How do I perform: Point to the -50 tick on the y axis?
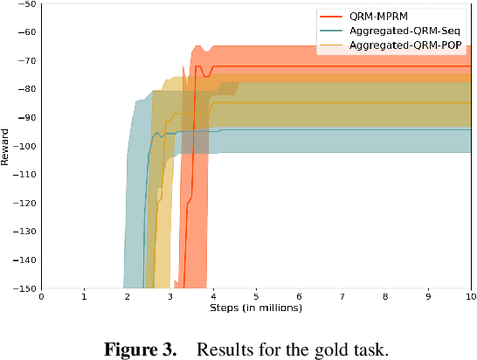(27, 4)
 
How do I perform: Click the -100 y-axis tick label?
(24, 146)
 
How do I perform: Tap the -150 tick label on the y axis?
(24, 287)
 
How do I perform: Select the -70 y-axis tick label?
(27, 61)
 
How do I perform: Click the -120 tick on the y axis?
(24, 203)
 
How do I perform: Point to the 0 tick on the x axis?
(41, 297)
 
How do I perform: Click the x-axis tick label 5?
(256, 297)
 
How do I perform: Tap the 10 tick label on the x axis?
(471, 297)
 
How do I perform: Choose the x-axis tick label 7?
(342, 297)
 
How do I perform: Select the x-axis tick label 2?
(128, 297)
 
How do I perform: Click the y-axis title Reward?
(7, 146)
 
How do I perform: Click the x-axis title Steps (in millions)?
(256, 308)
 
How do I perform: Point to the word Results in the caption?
(223, 350)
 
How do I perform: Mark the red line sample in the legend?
(330, 17)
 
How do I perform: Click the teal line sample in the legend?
(330, 31)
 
